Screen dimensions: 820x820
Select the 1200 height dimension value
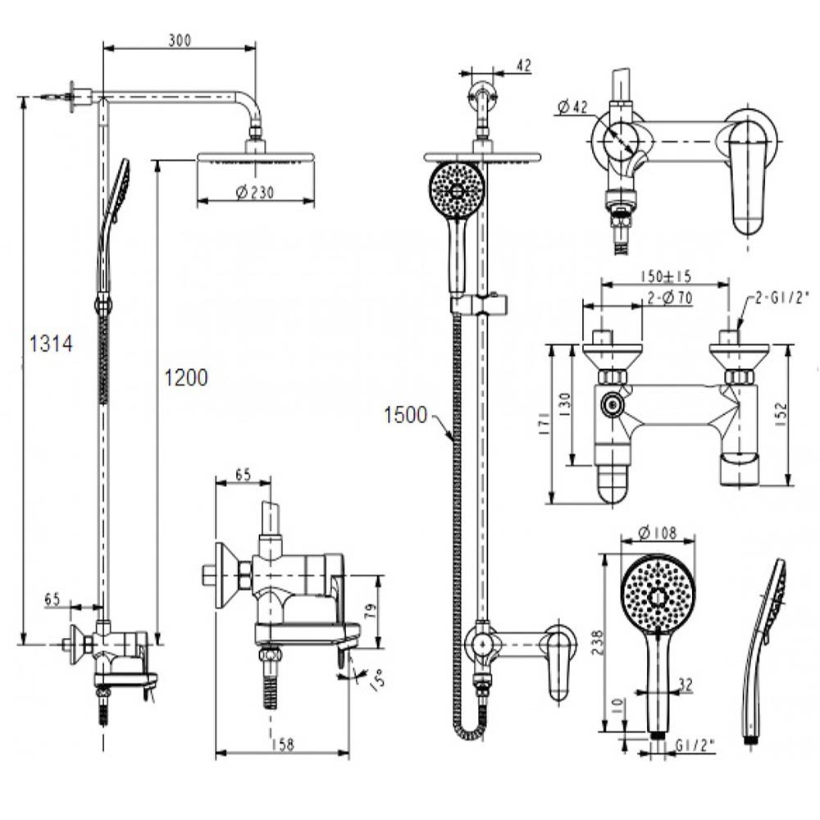(x=186, y=377)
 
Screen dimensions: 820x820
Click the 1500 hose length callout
(x=405, y=416)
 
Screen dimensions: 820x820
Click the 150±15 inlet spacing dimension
(x=665, y=276)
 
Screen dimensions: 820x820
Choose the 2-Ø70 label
(x=668, y=298)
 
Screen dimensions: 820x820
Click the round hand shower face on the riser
(x=457, y=189)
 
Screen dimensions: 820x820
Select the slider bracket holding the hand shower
(x=479, y=306)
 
